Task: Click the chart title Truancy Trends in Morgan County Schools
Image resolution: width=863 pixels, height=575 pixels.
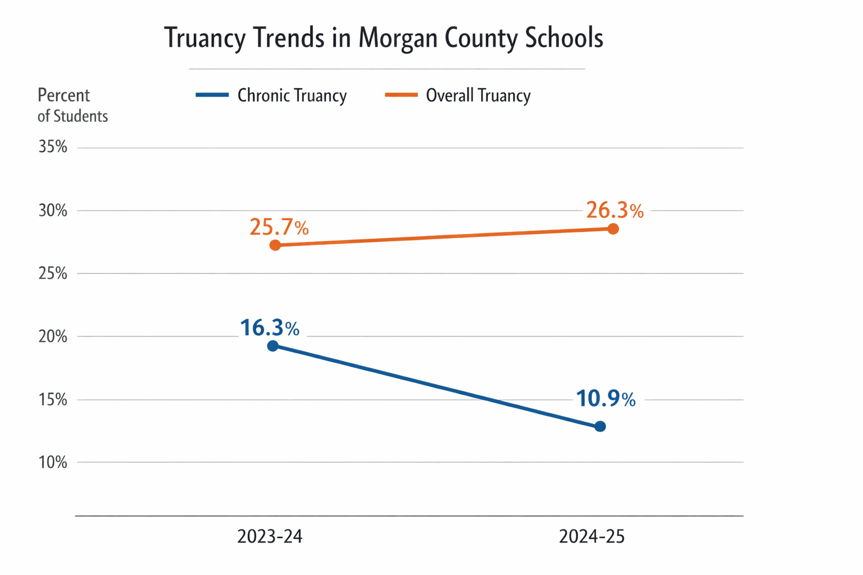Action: point(384,38)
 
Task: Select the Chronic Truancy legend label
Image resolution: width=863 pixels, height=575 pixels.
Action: point(292,95)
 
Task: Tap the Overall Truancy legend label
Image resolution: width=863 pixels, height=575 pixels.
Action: point(478,95)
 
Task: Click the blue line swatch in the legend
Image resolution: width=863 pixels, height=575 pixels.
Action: point(212,95)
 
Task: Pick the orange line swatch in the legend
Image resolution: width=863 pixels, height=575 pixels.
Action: point(401,95)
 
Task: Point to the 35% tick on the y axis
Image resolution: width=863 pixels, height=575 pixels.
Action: point(53,147)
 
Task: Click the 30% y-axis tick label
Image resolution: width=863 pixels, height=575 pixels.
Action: point(53,211)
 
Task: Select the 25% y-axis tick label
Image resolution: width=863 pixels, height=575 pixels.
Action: point(53,273)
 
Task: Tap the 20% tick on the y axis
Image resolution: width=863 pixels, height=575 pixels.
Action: point(53,337)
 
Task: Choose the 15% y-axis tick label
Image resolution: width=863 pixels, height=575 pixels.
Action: point(53,400)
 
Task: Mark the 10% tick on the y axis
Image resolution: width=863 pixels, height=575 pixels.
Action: point(53,463)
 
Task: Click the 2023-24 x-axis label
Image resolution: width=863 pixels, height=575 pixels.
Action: point(270,537)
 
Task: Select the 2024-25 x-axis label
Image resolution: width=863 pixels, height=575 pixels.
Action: point(592,537)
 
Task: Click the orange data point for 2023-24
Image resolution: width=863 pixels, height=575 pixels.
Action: point(275,245)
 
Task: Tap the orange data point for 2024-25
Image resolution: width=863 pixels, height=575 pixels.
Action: point(613,229)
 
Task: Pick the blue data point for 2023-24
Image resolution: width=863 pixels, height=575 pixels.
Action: point(272,346)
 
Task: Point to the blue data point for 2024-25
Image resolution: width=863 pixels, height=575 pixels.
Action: point(600,427)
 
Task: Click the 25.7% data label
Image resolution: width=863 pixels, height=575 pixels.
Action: point(279,227)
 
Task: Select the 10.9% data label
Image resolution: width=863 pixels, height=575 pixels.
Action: point(606,399)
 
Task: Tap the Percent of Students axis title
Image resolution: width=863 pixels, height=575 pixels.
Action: point(72,105)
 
